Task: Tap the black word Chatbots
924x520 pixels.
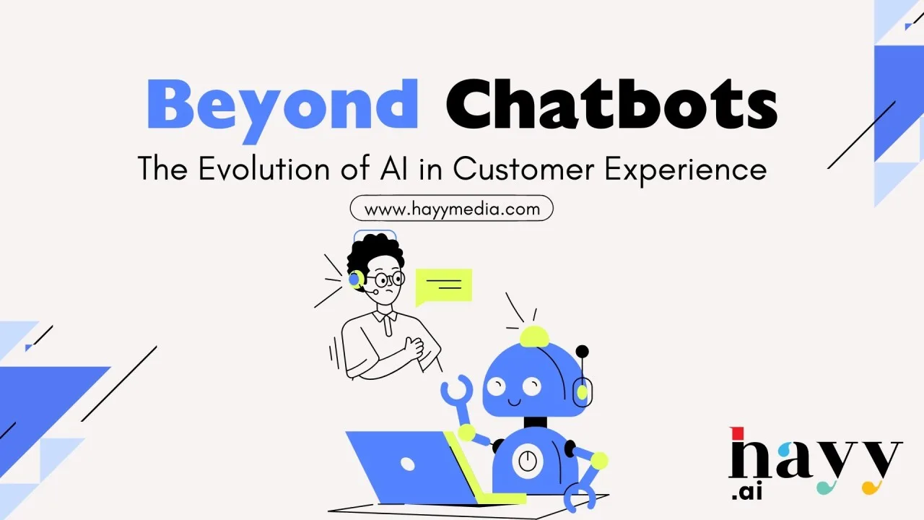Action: click(x=611, y=104)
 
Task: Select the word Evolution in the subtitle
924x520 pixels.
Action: click(x=264, y=168)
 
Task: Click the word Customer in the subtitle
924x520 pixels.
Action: click(x=523, y=168)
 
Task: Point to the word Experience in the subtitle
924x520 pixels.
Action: click(x=685, y=170)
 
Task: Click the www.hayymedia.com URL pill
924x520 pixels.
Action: click(x=452, y=208)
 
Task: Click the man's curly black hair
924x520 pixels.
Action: click(x=375, y=253)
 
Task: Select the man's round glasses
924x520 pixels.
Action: click(x=385, y=279)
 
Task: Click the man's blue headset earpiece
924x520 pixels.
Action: click(x=354, y=279)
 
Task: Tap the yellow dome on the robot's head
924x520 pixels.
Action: click(x=534, y=337)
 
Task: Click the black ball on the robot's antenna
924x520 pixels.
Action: click(x=582, y=352)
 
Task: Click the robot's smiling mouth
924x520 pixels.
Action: click(x=515, y=402)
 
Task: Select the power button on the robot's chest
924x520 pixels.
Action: click(x=527, y=461)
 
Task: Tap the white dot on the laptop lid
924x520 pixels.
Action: click(x=408, y=464)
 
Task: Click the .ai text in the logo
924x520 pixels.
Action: click(x=746, y=493)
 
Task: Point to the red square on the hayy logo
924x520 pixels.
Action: click(x=737, y=433)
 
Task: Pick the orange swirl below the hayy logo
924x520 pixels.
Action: click(x=871, y=487)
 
